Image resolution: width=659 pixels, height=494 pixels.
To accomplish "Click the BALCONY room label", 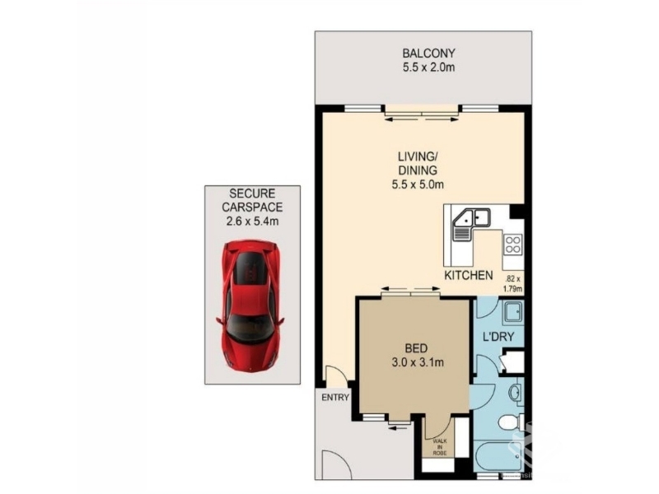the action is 428,54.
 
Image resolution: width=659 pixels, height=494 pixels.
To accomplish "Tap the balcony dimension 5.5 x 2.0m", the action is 428,68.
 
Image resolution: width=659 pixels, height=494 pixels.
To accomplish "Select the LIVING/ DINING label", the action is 418,163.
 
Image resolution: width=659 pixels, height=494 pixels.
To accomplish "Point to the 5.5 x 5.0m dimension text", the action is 418,184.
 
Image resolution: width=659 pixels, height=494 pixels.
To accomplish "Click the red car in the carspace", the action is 250,305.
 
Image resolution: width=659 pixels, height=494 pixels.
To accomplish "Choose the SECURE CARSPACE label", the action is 252,200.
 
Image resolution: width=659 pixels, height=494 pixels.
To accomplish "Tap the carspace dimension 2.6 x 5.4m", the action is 252,221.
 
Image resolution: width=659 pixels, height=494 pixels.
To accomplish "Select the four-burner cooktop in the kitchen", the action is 513,245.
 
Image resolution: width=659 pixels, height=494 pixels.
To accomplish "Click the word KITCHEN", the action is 469,276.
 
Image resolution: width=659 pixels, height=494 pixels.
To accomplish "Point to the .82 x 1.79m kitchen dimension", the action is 513,283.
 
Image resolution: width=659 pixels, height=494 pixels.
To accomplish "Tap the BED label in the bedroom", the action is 416,348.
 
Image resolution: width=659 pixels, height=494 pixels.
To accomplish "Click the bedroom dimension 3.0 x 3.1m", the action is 418,362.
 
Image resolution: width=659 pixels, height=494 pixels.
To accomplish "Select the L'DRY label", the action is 498,337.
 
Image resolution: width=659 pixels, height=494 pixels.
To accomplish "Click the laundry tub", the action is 513,312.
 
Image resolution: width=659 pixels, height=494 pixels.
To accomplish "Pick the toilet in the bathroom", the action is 512,422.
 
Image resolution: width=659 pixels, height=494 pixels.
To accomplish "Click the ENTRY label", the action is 335,398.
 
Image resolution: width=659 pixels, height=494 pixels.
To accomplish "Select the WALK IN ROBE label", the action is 441,447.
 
